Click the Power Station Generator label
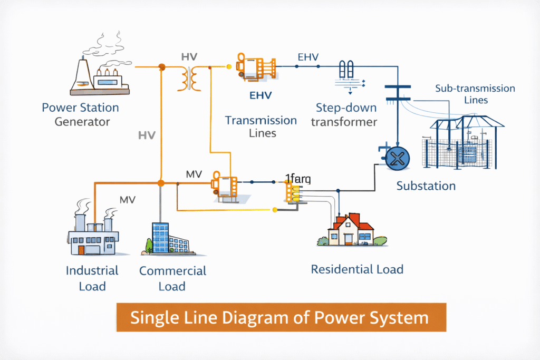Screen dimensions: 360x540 [80, 115]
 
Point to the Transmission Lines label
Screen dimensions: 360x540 [261, 127]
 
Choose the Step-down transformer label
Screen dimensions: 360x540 [346, 115]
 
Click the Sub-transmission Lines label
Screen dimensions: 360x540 [475, 94]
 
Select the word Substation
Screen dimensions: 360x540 [426, 186]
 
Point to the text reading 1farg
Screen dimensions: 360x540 [298, 179]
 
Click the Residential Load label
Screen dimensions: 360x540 [357, 269]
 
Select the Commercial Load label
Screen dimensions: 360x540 [172, 278]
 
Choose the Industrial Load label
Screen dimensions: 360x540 [92, 278]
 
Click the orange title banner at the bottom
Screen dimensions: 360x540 [281, 318]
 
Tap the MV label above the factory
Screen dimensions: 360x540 [128, 200]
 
